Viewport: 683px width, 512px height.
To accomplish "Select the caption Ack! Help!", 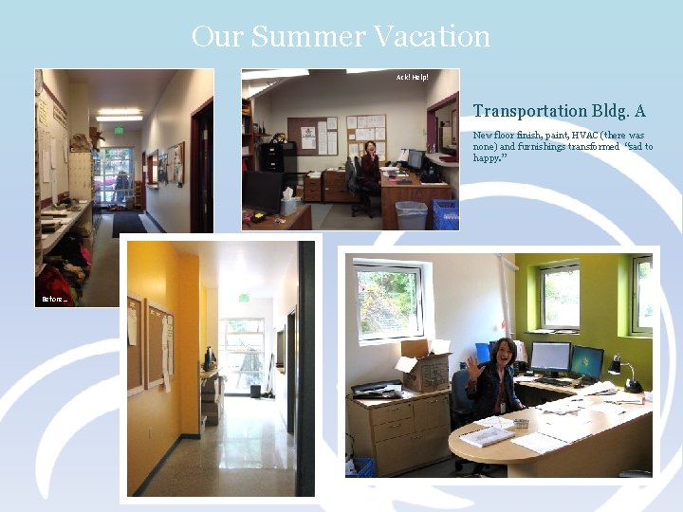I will [412, 76].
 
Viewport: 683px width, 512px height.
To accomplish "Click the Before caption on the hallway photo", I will [54, 300].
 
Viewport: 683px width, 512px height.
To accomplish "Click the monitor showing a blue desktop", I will [586, 360].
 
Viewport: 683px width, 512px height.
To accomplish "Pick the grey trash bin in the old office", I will [411, 214].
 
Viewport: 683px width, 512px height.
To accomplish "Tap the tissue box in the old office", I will [289, 203].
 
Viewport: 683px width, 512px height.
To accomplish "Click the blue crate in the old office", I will [445, 213].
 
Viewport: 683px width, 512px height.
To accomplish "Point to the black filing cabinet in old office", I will [272, 157].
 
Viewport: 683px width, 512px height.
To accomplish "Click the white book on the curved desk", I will [488, 435].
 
